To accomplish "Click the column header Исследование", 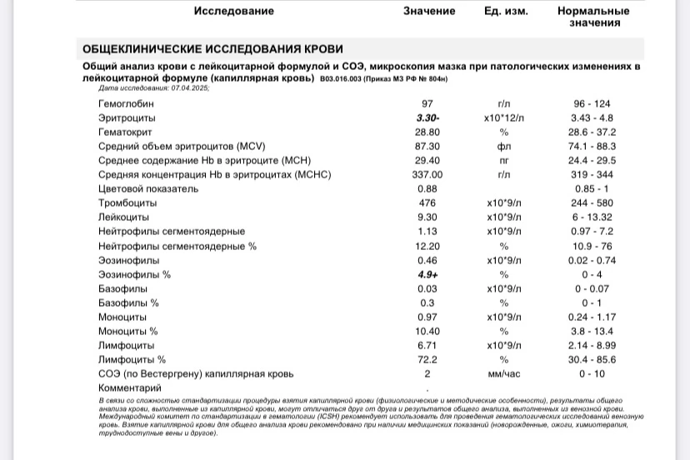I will tap(233, 11).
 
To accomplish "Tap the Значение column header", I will tap(428, 11).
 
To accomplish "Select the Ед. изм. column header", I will tap(505, 11).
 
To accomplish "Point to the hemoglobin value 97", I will tap(427, 104).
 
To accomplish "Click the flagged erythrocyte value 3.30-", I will tap(427, 118).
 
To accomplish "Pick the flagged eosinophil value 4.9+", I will tap(427, 274).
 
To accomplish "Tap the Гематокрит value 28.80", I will tap(427, 132).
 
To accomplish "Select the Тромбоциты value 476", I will tap(427, 203).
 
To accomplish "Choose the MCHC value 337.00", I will tap(427, 175).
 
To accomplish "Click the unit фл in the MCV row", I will tap(503, 147).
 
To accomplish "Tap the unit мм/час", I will tap(503, 374).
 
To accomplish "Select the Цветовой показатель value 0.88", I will tap(427, 189).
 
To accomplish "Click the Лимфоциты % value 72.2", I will tap(427, 360).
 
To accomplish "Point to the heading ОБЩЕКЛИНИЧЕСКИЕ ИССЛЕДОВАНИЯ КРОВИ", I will tap(212, 49).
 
